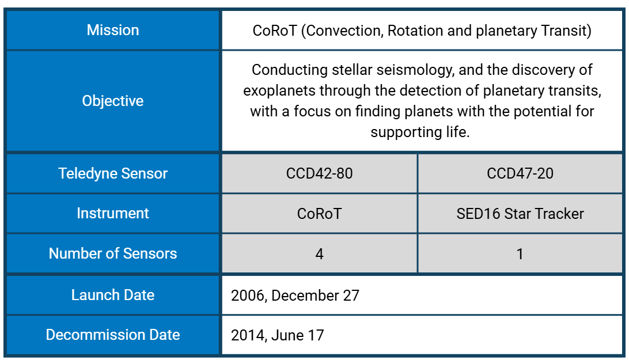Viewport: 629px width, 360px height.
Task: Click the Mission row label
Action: pyautogui.click(x=113, y=30)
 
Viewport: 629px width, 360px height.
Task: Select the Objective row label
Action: pyautogui.click(x=113, y=101)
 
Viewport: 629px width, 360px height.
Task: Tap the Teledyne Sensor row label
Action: pyautogui.click(x=113, y=173)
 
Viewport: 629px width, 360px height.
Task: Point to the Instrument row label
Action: pyautogui.click(x=113, y=213)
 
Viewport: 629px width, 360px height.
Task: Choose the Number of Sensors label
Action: pyautogui.click(x=113, y=253)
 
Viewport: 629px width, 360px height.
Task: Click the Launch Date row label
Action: pyautogui.click(x=113, y=294)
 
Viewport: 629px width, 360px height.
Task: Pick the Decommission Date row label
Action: pyautogui.click(x=113, y=335)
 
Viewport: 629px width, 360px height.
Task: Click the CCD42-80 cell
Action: pyautogui.click(x=319, y=173)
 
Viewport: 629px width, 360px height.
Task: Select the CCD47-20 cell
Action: pyautogui.click(x=520, y=173)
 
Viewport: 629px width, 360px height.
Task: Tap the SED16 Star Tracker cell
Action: pyautogui.click(x=520, y=214)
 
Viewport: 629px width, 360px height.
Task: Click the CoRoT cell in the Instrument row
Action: pyautogui.click(x=319, y=214)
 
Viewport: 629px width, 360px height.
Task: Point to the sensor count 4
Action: pyautogui.click(x=319, y=253)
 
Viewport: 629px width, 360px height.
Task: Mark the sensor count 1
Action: pyautogui.click(x=520, y=253)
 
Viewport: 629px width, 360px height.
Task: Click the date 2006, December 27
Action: pyautogui.click(x=295, y=295)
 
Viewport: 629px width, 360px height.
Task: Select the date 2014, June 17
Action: pyautogui.click(x=277, y=335)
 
